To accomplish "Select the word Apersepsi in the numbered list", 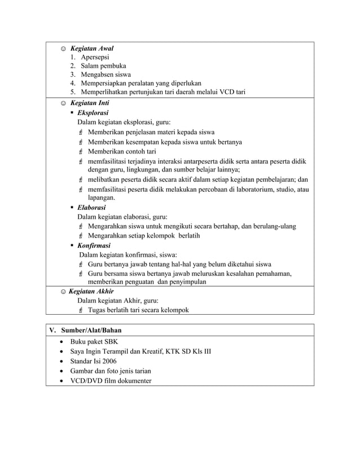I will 95,58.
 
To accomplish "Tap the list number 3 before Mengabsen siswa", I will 73,74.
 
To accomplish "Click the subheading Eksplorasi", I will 93,113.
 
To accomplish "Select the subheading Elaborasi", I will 92,208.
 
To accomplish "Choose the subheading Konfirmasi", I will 94,245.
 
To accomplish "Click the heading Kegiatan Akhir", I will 91,291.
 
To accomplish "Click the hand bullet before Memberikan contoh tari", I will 81,152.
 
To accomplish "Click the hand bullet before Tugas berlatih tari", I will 81,310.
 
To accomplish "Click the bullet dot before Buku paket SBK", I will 61,342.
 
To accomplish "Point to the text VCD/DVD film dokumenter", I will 111,380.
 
